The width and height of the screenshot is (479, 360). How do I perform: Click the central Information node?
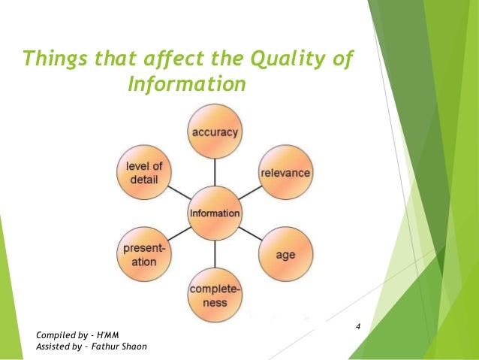click(x=215, y=213)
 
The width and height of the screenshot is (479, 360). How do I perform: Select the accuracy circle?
click(x=215, y=132)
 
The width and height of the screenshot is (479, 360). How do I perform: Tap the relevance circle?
click(x=285, y=173)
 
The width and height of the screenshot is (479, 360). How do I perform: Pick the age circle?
click(x=285, y=254)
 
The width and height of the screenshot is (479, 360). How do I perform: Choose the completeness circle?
click(x=215, y=295)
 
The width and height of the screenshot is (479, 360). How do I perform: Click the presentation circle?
click(x=144, y=254)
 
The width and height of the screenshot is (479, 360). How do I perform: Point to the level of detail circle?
click(x=144, y=172)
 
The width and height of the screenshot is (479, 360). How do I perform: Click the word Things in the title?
click(x=54, y=58)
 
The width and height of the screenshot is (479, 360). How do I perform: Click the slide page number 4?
click(x=358, y=326)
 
